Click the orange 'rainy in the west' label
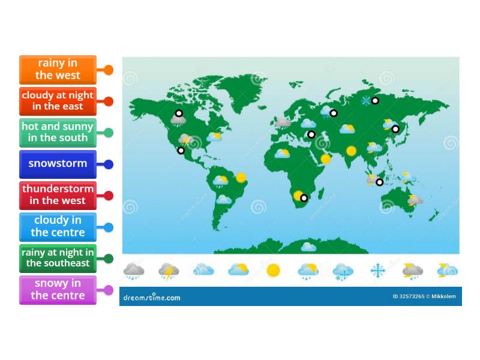point(58,70)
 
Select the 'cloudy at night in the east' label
point(58,101)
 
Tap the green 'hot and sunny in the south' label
point(58,133)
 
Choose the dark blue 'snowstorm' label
point(58,164)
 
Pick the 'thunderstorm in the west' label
point(58,196)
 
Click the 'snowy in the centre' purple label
point(58,290)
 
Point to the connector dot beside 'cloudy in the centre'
point(109,227)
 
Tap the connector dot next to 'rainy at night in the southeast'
point(109,259)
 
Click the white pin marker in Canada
point(179,113)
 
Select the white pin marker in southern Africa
point(304,198)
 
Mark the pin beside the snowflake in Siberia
point(375,101)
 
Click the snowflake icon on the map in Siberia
point(365,101)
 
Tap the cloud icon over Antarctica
point(308,246)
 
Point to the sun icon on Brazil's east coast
point(241,177)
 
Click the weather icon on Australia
point(415,200)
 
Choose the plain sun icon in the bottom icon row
point(273,271)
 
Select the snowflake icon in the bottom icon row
point(378,271)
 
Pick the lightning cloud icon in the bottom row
point(169,271)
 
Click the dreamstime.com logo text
point(151,297)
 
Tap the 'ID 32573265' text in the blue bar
point(409,296)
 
